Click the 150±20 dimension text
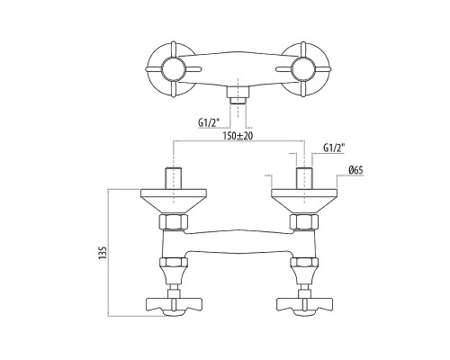coord(238,136)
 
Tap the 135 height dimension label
coord(103,253)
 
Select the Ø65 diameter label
coord(355,170)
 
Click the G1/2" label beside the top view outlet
coord(209,122)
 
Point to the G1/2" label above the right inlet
coord(334,148)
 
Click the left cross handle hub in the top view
coord(172,69)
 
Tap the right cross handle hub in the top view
coord(303,69)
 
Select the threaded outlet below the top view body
coord(238,95)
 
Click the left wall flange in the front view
coord(174,202)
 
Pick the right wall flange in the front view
coord(304,202)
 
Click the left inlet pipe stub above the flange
coord(174,178)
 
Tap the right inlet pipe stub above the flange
coord(304,178)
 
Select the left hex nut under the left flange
coord(174,222)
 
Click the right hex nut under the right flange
coord(304,222)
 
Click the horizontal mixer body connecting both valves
coord(238,242)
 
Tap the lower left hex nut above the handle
coord(174,263)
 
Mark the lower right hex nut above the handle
coord(304,263)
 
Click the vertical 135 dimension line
coord(108,252)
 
